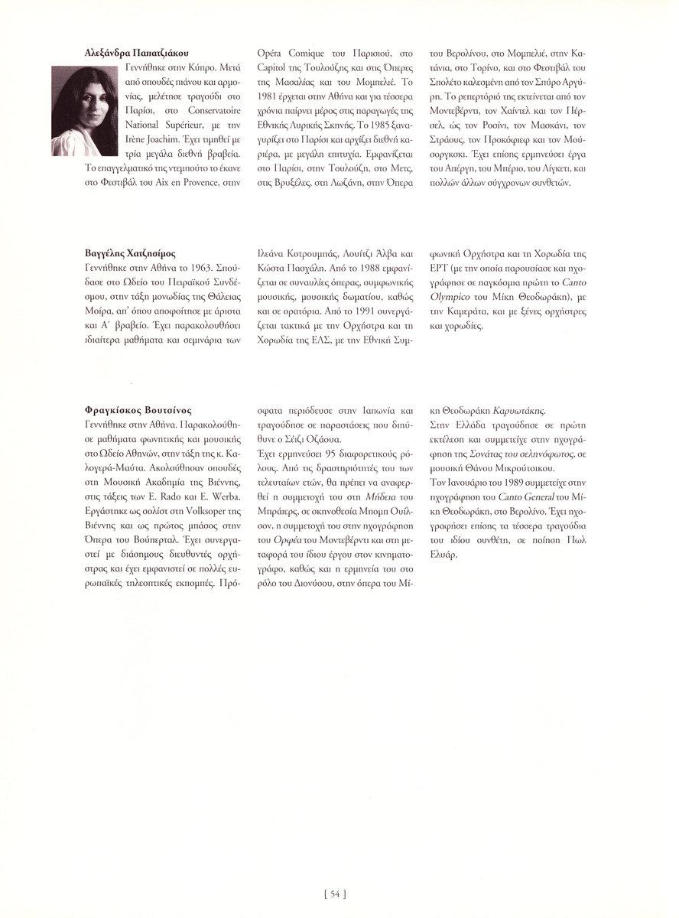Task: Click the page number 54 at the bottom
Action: click(336, 891)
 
